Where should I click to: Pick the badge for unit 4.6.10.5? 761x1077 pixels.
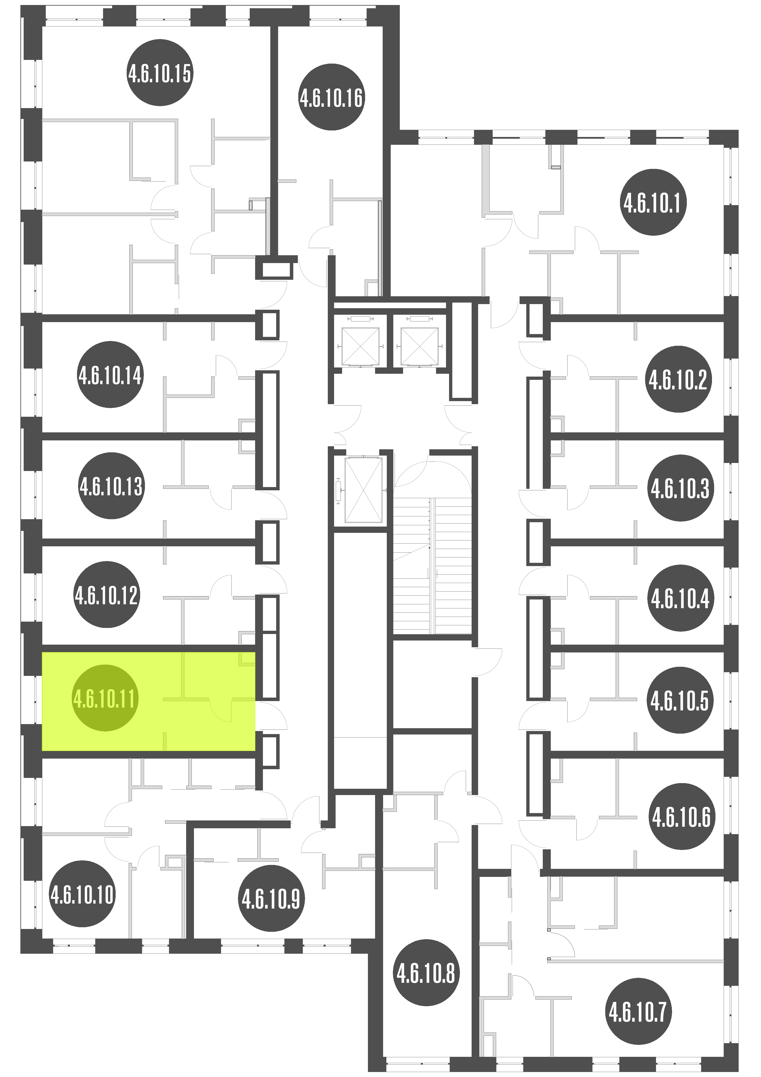[x=680, y=701]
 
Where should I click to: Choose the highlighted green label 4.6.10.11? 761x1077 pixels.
[x=105, y=698]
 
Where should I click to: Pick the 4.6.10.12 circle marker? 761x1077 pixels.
[x=106, y=595]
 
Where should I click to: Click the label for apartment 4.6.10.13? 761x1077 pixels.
[x=111, y=486]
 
